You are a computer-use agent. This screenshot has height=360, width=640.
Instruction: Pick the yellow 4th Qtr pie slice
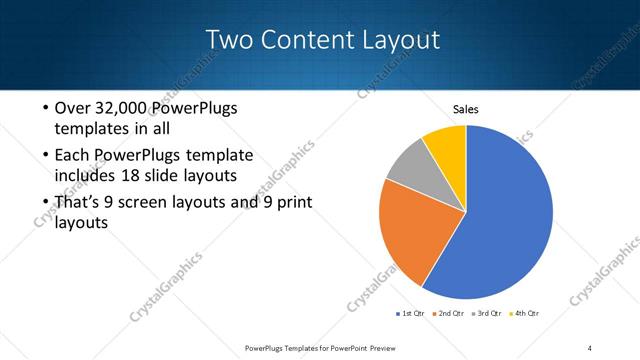tap(446, 146)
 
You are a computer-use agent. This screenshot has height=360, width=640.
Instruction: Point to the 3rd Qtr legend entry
tap(487, 314)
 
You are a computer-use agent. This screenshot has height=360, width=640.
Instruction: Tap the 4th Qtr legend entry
tap(527, 314)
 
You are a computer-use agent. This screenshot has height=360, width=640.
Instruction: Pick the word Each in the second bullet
tap(73, 156)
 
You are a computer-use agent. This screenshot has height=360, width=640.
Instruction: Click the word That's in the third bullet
tap(79, 203)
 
